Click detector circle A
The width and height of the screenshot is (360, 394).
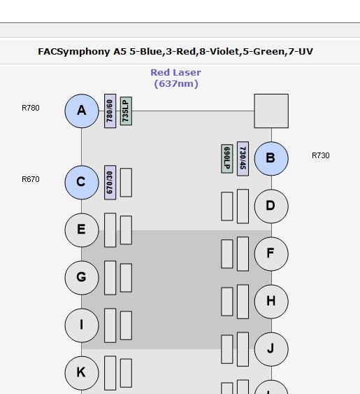pos(82,111)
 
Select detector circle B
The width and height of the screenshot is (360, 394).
pos(271,159)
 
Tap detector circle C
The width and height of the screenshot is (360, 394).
pos(82,183)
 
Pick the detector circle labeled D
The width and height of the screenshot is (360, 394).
pos(271,206)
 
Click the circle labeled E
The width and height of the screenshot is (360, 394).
pos(82,230)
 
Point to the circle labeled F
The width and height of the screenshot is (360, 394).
pos(271,254)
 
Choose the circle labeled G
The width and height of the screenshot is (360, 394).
pos(82,278)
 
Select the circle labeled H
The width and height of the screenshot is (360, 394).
pos(271,302)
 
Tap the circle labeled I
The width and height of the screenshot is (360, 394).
pos(82,325)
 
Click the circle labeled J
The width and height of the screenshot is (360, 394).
pos(271,349)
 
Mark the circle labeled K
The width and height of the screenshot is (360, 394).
pos(82,373)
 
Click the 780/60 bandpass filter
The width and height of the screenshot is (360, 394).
pos(110,111)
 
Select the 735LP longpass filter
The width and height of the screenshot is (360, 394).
pos(126,111)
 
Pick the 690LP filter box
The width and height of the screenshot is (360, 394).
pos(227,159)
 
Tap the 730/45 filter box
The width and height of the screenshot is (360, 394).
pos(243,159)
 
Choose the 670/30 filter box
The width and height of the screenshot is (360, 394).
pos(110,183)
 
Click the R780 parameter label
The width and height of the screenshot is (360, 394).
pos(31,108)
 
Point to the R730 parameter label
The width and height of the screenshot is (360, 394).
pos(321,155)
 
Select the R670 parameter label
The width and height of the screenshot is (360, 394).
pos(31,179)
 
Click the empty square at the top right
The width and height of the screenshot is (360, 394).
pos(271,111)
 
